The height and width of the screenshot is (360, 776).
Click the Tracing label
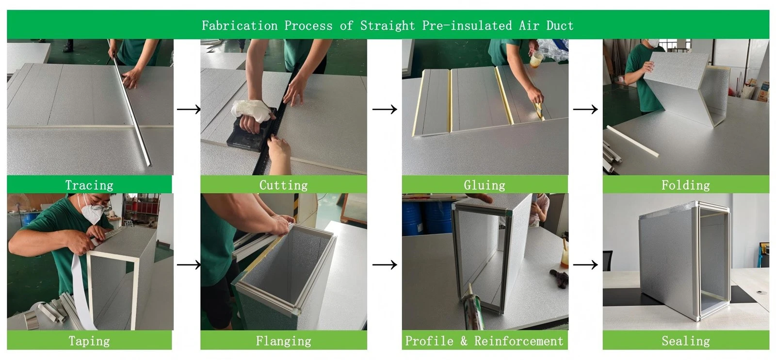coord(89,185)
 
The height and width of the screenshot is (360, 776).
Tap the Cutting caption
coord(283,185)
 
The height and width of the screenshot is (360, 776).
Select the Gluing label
coord(485,185)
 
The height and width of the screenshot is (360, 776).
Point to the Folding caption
coord(686,185)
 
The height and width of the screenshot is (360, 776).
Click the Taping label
coord(89,341)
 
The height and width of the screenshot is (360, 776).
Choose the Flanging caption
coord(283,341)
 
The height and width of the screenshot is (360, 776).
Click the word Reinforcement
coord(518,341)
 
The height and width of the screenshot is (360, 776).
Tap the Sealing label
coord(686,341)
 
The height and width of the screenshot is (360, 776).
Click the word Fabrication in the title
coord(240,25)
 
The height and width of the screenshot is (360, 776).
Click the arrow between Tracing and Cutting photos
coord(189,109)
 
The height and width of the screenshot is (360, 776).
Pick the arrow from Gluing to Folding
coord(585,109)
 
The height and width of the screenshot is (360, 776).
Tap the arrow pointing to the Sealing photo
coord(585,265)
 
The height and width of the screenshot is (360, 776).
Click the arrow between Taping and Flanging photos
coord(189,265)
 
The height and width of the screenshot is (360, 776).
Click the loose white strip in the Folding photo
coord(632,141)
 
